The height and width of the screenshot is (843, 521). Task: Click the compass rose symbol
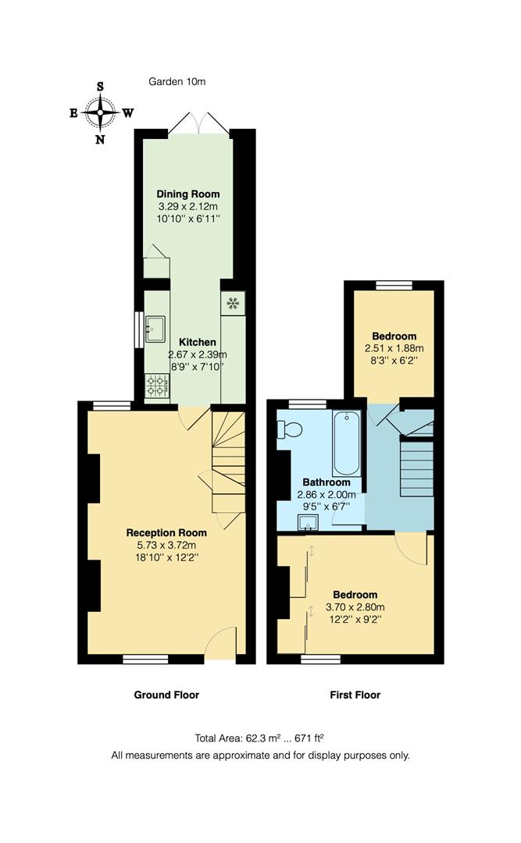coord(100,112)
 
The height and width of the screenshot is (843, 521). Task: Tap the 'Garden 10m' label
coord(177,81)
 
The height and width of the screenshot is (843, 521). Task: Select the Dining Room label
coord(188,194)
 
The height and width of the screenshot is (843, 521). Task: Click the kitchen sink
coord(155,329)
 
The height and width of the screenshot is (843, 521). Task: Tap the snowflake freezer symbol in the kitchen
coord(232,303)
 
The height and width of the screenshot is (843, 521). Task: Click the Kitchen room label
coord(197,342)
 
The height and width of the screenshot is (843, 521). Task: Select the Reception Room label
coord(166,532)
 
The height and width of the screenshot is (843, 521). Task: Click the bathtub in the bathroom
coord(346,443)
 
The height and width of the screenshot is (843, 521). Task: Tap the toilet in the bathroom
coord(291,429)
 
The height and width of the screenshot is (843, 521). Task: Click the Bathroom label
coord(327,482)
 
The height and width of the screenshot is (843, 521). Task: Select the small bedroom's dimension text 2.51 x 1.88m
coord(394,348)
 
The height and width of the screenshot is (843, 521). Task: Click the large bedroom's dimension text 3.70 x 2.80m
coord(355,606)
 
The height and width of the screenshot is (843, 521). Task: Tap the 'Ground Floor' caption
coord(166,695)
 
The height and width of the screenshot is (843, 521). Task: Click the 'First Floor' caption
coord(355,695)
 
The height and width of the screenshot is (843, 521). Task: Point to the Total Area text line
coord(259,738)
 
